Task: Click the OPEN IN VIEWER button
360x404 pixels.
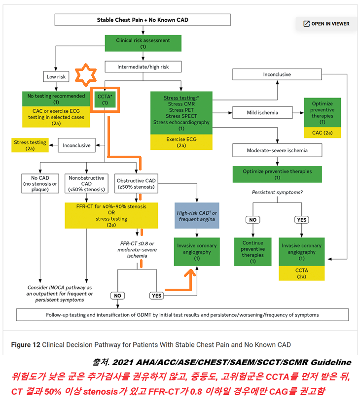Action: (x=326, y=24)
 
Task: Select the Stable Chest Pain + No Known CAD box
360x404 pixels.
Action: (x=143, y=20)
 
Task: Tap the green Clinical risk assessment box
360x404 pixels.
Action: (x=143, y=43)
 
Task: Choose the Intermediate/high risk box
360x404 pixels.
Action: (x=143, y=67)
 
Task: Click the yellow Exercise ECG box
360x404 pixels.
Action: (x=181, y=142)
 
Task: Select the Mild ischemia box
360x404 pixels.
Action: (x=262, y=112)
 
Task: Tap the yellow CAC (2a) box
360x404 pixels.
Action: (x=322, y=133)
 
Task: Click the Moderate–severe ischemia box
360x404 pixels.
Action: (x=277, y=150)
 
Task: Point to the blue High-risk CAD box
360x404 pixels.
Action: (x=197, y=215)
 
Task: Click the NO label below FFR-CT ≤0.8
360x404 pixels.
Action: (x=117, y=296)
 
